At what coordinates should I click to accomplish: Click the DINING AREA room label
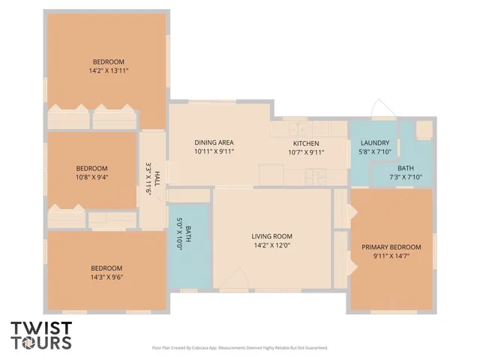(214, 142)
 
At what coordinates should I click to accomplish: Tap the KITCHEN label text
(306, 143)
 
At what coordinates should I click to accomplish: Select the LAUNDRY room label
(374, 143)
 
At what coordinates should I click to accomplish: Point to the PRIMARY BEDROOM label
(391, 247)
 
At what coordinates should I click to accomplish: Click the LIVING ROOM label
(271, 236)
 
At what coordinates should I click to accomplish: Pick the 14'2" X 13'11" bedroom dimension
(109, 71)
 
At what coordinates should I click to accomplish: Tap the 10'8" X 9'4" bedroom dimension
(91, 178)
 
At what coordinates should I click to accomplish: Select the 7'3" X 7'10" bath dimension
(406, 177)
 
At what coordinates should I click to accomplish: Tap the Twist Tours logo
(41, 335)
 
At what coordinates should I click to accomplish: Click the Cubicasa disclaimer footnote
(240, 348)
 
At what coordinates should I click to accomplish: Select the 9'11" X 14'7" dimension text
(391, 256)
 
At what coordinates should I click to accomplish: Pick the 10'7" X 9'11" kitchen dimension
(306, 151)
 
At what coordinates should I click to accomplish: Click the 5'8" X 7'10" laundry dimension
(374, 151)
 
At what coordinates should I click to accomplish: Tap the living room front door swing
(230, 279)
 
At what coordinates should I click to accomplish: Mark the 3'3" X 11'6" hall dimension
(148, 179)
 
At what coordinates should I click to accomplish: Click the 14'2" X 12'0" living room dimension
(271, 244)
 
